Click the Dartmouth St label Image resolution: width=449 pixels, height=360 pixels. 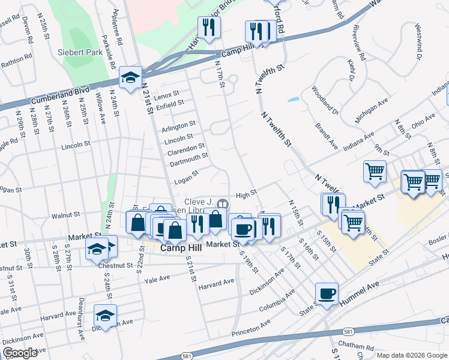click(x=188, y=155)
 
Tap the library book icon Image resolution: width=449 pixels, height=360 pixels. click(x=223, y=204)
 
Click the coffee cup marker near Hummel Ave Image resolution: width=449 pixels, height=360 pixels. click(x=327, y=294)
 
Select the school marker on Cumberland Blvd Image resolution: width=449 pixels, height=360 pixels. click(x=130, y=78)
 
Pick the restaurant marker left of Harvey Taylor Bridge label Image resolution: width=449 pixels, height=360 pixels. click(x=209, y=28)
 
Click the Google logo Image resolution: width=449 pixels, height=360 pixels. click(x=20, y=352)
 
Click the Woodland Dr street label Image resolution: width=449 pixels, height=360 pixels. click(x=325, y=100)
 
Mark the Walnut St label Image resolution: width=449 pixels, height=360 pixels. click(x=65, y=214)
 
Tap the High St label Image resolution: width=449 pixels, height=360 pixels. click(x=246, y=193)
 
